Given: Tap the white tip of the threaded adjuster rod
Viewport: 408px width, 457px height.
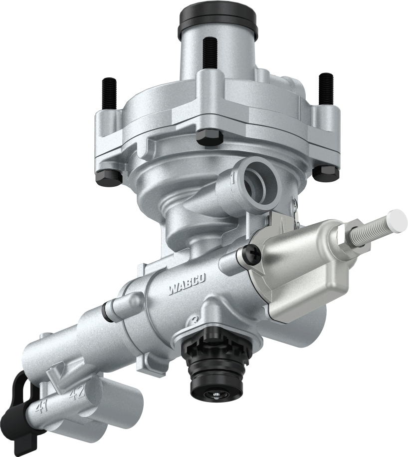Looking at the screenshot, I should coord(397,220).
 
